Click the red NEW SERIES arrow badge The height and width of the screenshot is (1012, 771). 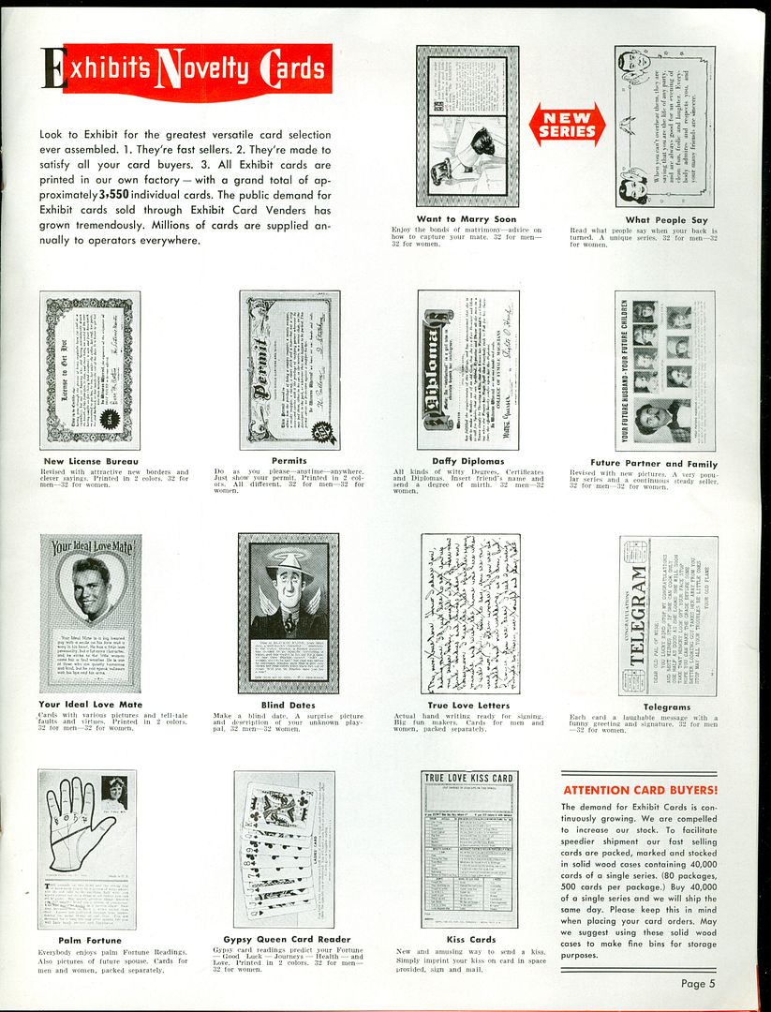(567, 125)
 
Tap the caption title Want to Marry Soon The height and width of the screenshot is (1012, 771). (467, 220)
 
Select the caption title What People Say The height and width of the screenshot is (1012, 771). (666, 220)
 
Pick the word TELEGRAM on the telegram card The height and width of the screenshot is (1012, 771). (639, 615)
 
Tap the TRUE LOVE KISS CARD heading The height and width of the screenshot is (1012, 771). (469, 778)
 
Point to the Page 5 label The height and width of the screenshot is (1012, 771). (698, 983)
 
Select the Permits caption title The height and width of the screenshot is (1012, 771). (289, 461)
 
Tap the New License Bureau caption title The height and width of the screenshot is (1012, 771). (91, 461)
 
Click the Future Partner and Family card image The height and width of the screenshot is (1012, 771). (665, 370)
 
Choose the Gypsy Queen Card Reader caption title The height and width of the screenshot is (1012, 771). (287, 939)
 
